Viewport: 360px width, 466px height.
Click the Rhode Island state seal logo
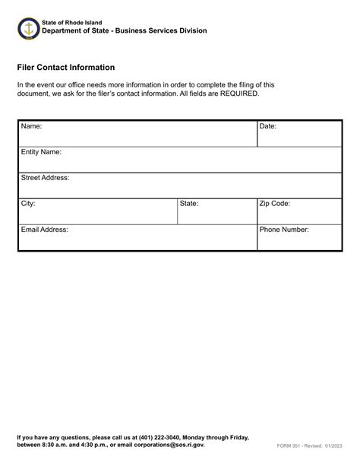[27, 29]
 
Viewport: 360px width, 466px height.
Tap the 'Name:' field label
[31, 126]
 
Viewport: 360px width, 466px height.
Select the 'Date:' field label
[268, 126]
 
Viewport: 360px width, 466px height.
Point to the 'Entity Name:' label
[41, 152]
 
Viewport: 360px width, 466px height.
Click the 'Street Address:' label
[45, 178]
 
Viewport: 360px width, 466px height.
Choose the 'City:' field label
[28, 204]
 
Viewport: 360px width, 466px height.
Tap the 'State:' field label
[189, 204]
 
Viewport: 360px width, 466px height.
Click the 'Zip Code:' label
[275, 204]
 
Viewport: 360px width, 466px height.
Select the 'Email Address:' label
[45, 229]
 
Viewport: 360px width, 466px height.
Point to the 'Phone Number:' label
[284, 229]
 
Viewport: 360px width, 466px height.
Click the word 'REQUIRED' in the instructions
[238, 94]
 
